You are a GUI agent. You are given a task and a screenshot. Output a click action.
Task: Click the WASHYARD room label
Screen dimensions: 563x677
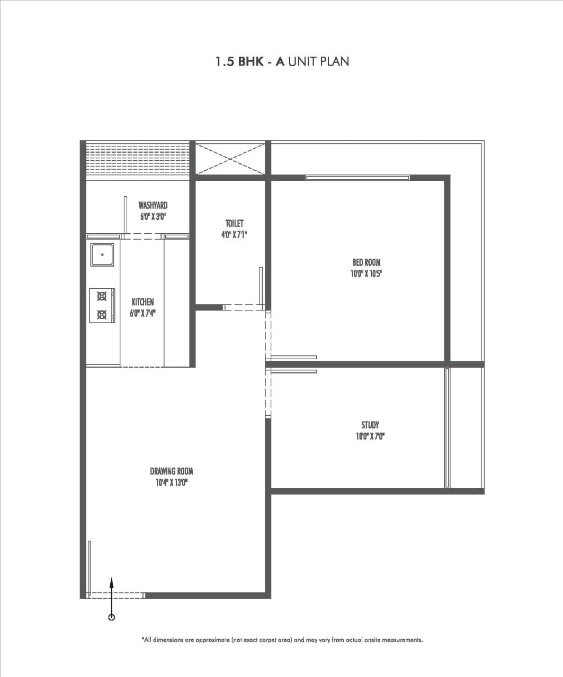(153, 205)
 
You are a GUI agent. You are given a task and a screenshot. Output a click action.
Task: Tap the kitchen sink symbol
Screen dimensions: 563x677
(102, 254)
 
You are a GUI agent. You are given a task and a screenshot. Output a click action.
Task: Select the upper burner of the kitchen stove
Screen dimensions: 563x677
(102, 296)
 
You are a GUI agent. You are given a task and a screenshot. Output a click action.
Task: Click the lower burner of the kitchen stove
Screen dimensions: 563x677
(102, 314)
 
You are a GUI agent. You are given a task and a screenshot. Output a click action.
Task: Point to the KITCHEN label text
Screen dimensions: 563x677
(142, 302)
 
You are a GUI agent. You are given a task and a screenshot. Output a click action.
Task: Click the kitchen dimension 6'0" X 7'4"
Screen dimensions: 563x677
(142, 313)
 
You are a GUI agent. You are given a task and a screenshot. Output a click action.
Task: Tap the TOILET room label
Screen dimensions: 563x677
(234, 223)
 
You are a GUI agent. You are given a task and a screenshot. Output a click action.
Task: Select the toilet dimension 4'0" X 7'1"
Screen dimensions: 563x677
(234, 234)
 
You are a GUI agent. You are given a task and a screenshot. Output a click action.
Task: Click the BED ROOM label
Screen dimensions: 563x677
(367, 262)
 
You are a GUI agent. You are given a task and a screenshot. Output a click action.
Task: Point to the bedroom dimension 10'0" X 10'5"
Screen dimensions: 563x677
(367, 273)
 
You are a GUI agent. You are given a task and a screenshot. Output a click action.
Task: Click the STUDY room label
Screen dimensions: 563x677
(370, 425)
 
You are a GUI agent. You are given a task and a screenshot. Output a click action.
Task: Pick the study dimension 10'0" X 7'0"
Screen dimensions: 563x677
(370, 436)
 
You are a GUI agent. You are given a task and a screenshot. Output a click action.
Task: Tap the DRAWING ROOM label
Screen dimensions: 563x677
(172, 471)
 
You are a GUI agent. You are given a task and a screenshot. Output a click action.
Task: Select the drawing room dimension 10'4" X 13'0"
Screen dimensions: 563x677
(172, 482)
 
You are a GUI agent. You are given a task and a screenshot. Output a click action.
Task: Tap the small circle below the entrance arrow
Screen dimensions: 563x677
(111, 617)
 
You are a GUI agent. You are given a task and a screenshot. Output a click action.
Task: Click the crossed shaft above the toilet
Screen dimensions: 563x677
(230, 159)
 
